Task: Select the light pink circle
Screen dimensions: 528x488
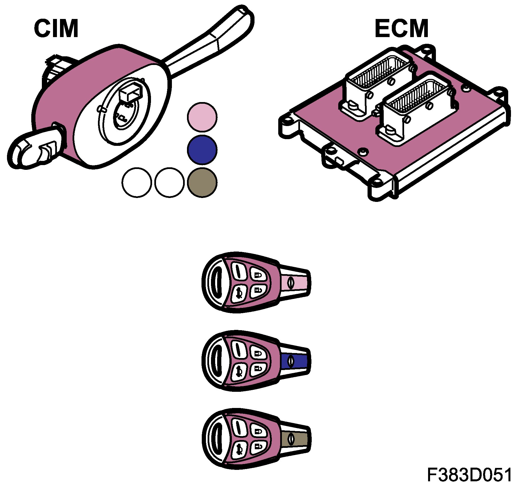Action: [x=202, y=117]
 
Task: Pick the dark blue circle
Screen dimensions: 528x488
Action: [x=202, y=150]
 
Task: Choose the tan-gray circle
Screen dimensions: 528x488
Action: [x=202, y=183]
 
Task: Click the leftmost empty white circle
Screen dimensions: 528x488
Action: [x=137, y=183]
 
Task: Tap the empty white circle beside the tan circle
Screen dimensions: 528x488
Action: [x=169, y=183]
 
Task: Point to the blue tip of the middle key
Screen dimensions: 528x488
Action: [x=295, y=361]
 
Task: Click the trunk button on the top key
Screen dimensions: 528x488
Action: [x=239, y=294]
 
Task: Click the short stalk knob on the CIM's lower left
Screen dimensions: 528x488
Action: [x=31, y=151]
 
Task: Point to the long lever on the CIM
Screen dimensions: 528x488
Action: [x=212, y=42]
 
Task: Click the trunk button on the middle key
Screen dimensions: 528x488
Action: [x=239, y=371]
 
